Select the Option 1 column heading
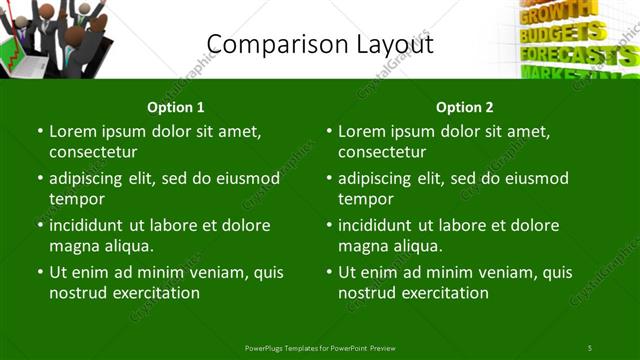(x=175, y=107)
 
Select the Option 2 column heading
(x=464, y=107)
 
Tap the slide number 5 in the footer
(x=590, y=347)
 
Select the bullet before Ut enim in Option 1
(x=40, y=272)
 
